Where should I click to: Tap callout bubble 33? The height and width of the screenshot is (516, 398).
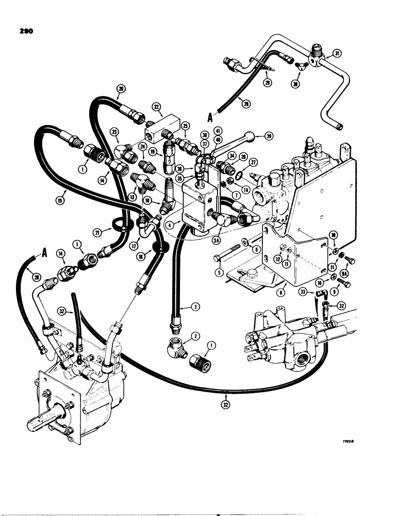tap(304, 292)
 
